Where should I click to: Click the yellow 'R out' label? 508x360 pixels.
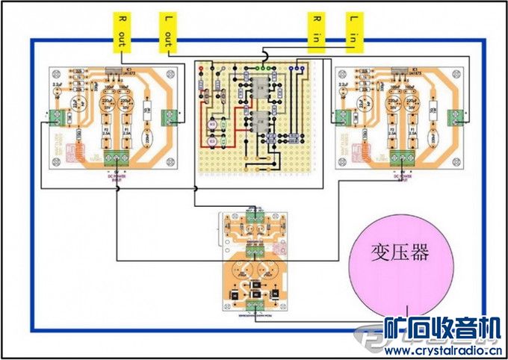pos(119,31)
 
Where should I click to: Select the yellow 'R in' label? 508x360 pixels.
pos(315,31)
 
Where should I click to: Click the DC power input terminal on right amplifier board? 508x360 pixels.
pos(403,158)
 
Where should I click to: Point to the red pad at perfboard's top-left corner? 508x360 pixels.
pos(200,69)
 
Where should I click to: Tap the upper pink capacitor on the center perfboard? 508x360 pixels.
pos(213,123)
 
